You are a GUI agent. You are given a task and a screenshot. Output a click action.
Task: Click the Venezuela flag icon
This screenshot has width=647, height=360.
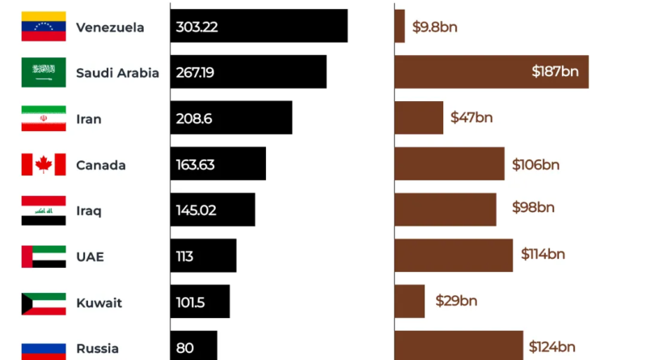[x=44, y=27]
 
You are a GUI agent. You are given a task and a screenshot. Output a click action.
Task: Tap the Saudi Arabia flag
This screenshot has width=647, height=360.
[x=44, y=73]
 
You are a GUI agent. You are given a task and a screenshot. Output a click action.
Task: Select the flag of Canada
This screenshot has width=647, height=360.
[x=44, y=165]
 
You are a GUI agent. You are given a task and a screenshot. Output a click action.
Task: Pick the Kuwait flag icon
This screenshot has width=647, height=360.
[x=44, y=303]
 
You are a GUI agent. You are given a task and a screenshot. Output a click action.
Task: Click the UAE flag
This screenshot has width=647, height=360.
[x=44, y=257]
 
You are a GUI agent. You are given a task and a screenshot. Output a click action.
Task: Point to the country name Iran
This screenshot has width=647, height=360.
[x=89, y=119]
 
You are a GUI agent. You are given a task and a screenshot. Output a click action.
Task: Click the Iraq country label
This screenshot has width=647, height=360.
[x=89, y=211]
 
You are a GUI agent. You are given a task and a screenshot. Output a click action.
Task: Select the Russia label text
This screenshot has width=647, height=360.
[x=97, y=349]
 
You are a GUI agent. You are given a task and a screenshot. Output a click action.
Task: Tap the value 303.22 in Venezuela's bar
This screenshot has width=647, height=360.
[x=197, y=27]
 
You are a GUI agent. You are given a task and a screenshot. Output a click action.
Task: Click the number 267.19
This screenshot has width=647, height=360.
[x=195, y=73]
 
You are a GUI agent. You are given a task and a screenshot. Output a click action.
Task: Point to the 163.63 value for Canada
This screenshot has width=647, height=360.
[x=195, y=165]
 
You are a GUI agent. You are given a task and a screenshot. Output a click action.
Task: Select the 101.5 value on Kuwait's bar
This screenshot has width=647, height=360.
[x=192, y=303]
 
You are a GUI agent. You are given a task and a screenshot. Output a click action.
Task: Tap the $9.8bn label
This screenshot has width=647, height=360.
[x=435, y=27]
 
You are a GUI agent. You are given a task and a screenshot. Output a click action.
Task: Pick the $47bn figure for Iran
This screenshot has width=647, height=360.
[x=472, y=118]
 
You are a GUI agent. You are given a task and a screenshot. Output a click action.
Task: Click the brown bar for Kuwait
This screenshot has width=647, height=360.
[x=409, y=301]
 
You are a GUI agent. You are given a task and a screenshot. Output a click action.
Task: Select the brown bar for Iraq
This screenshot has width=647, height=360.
[x=445, y=210]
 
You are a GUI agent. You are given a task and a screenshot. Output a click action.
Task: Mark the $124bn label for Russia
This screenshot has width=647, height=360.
[x=552, y=347]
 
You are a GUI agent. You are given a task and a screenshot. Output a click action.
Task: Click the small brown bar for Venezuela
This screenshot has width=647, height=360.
[x=400, y=26]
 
